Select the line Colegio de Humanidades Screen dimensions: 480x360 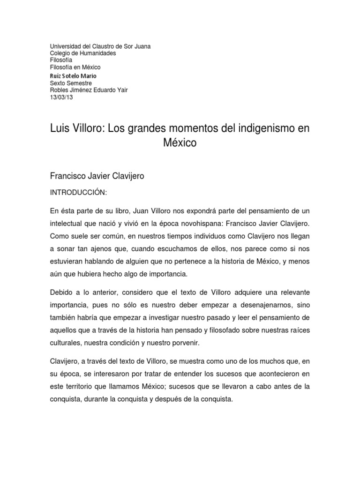click(83, 53)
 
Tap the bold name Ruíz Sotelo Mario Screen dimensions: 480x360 click(73, 76)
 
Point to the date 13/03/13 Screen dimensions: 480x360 click(61, 97)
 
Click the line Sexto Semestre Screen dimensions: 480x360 click(71, 83)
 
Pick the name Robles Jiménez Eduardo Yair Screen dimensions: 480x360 click(89, 90)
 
